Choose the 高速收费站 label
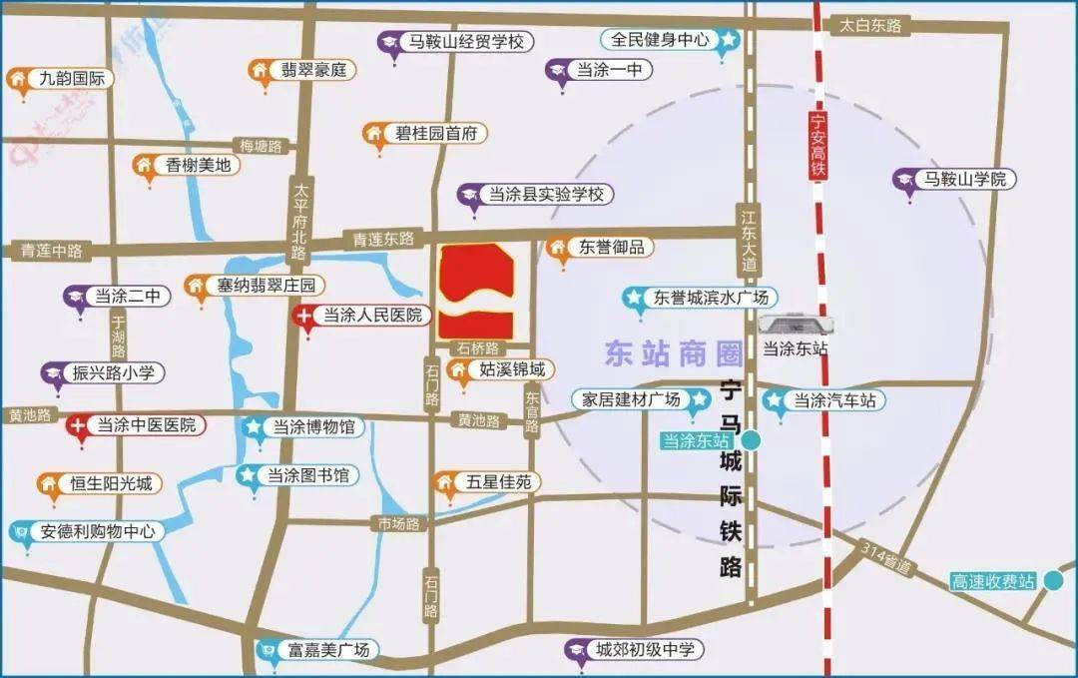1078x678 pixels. coord(993,581)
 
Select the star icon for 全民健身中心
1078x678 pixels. coord(730,41)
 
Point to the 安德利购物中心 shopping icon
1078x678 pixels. coord(19,532)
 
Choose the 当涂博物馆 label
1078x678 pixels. coord(300,427)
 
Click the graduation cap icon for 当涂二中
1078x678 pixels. coord(76,297)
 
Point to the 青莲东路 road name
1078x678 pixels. coord(383,240)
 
